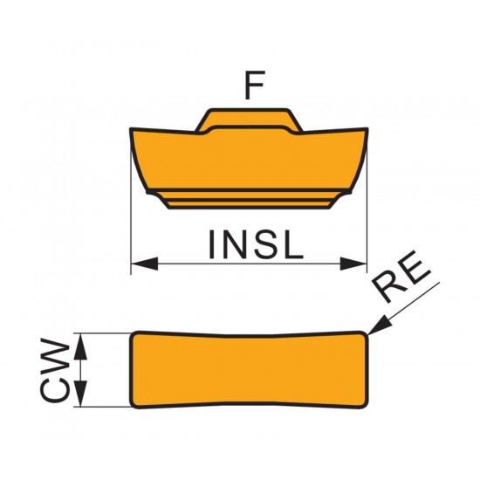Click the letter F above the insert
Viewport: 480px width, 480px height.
pos(254,86)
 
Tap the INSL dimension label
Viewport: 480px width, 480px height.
pos(256,244)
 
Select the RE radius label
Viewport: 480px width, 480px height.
pos(401,277)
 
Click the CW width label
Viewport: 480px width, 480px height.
pos(55,370)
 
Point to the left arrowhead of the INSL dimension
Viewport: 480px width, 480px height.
pos(145,264)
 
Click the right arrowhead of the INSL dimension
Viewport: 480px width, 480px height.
pos(353,264)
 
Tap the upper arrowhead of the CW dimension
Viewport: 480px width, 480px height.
pos(80,346)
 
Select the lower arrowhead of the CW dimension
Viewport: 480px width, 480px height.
pos(80,394)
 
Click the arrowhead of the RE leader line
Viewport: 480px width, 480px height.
pos(380,326)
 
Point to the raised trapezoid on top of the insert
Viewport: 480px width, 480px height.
pos(249,120)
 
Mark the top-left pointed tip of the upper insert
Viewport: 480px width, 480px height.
pos(131,129)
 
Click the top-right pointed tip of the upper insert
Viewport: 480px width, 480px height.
pos(367,129)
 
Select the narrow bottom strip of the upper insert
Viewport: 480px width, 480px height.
pos(249,204)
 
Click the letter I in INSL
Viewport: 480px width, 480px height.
pos(211,244)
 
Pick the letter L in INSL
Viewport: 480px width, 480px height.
pos(294,244)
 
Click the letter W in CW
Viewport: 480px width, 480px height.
pos(55,354)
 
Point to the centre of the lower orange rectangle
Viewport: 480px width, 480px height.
pos(249,370)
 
